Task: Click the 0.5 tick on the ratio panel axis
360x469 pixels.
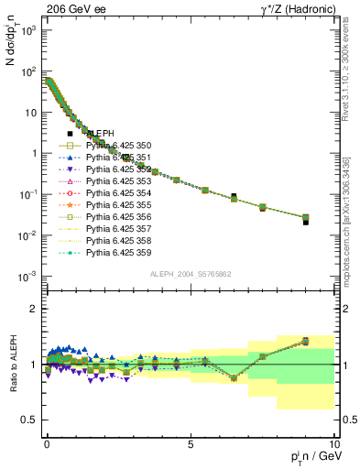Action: click(x=29, y=420)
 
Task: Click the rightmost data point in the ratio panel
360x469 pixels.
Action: click(x=305, y=341)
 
